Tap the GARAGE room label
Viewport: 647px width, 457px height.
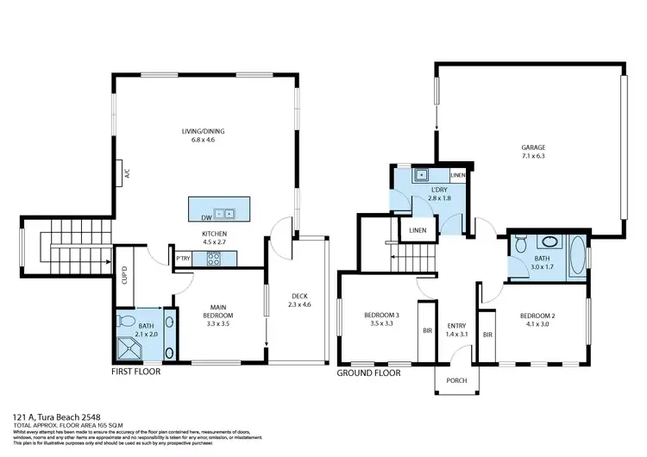(532, 147)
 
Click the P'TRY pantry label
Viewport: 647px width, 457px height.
(183, 259)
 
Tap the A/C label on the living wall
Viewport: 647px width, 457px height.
(128, 172)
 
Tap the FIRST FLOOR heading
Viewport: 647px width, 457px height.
(135, 373)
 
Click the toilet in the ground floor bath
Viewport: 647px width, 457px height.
(518, 247)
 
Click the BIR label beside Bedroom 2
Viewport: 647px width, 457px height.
(487, 335)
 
